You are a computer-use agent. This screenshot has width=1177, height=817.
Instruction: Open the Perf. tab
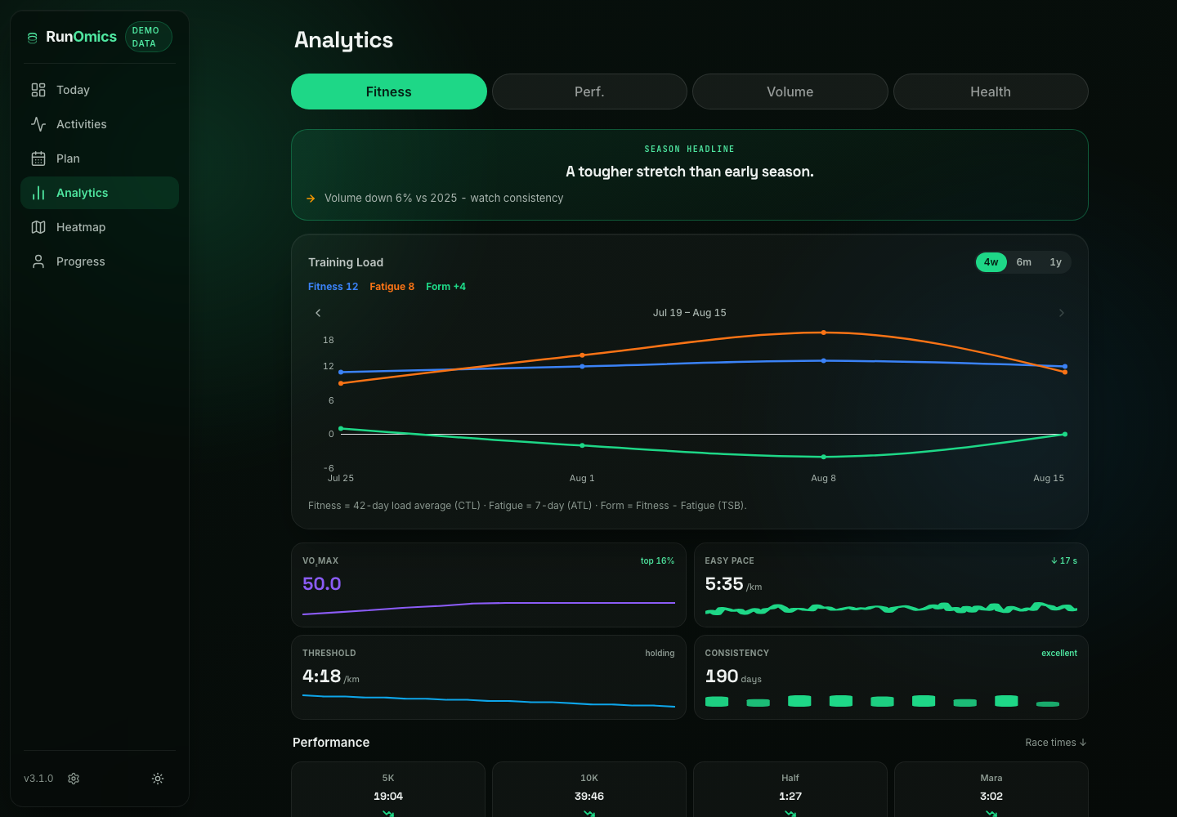coord(589,92)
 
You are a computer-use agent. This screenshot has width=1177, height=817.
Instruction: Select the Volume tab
coord(790,92)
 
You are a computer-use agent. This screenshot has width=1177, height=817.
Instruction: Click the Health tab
coord(991,92)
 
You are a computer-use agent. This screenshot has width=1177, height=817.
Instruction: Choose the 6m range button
coord(1023,262)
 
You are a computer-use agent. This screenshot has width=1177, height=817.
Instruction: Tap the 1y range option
coord(1056,262)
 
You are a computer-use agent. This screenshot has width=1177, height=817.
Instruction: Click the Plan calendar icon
coord(38,158)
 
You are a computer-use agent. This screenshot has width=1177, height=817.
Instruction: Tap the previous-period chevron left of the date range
coord(318,313)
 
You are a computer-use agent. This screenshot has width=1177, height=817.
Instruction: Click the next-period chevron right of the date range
coord(1062,313)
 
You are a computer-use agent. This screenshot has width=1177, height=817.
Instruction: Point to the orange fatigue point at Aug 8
coord(823,333)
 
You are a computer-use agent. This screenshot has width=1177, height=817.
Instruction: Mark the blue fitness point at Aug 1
coord(582,367)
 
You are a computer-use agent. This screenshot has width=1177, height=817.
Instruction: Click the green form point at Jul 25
coord(341,428)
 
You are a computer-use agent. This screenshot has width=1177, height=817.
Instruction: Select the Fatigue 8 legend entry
coord(392,287)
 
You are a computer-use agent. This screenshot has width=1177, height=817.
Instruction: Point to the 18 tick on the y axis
coord(329,340)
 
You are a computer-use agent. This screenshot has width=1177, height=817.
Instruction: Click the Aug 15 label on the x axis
coord(1048,478)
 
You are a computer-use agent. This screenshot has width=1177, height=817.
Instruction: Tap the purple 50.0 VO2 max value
coord(321,584)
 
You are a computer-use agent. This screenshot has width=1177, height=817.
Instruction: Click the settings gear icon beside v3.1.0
coord(74,779)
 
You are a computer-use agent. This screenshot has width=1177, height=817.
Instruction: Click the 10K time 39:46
coord(589,796)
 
